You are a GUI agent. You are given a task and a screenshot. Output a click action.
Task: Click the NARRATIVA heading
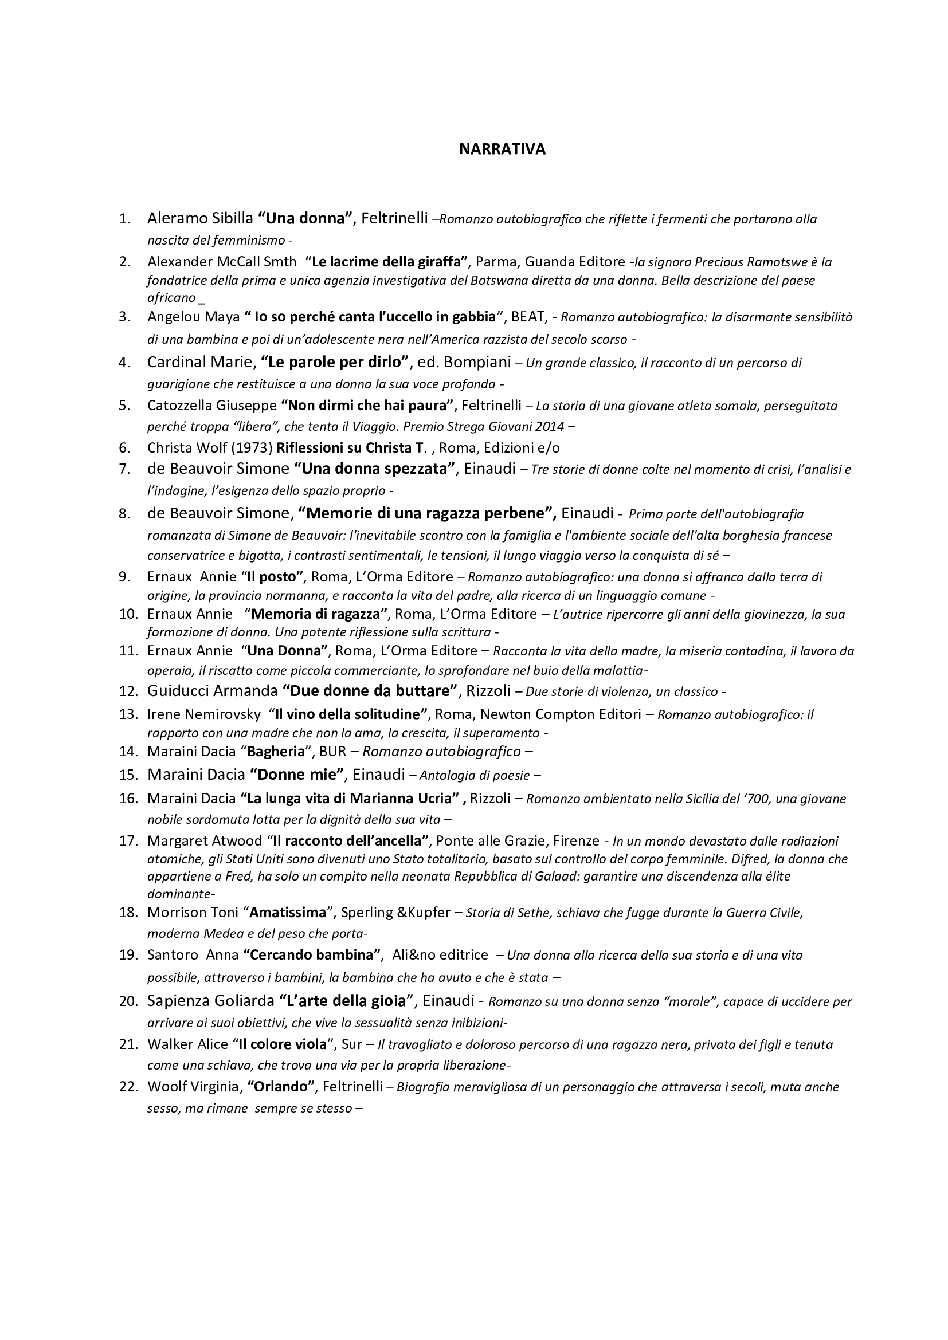502,150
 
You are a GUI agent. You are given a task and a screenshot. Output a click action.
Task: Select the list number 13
127,714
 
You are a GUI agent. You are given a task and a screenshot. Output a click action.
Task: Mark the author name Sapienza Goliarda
210,1001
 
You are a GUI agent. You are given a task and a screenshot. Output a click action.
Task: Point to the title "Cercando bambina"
312,955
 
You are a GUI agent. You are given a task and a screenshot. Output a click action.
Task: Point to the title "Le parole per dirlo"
335,362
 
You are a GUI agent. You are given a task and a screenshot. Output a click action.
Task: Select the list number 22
127,1087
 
